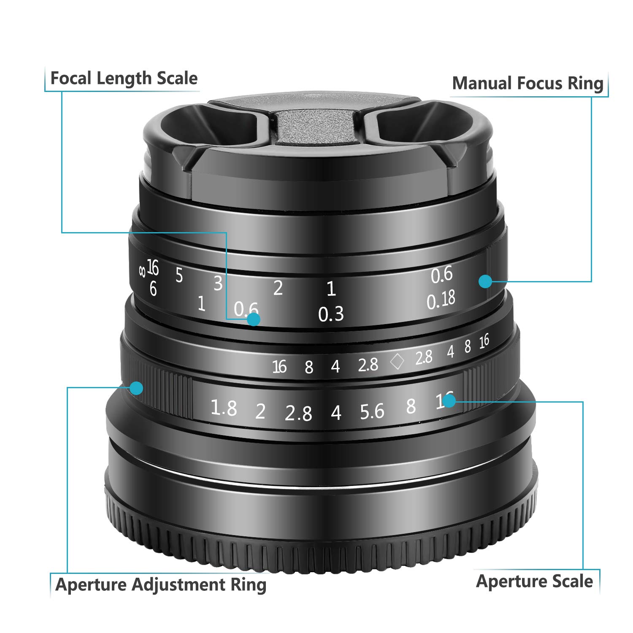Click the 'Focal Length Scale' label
click(124, 78)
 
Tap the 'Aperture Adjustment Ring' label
click(161, 585)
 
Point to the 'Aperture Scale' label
click(534, 582)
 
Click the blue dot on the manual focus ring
click(485, 281)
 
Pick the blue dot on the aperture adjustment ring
click(136, 388)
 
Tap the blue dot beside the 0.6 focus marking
click(253, 319)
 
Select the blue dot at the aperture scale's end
click(449, 400)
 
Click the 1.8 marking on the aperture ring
click(224, 408)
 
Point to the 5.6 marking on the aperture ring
click(372, 412)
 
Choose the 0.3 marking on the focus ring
click(331, 314)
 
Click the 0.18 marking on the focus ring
click(441, 300)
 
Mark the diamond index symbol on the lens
click(397, 362)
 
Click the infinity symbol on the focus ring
click(142, 271)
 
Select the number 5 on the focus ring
click(179, 276)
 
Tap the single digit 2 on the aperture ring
click(260, 411)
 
